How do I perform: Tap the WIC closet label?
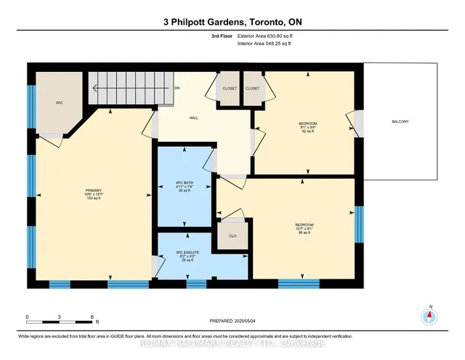tap(60, 103)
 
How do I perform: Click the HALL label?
tap(195, 117)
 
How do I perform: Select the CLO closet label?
tap(232, 236)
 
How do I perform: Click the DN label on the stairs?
tap(177, 88)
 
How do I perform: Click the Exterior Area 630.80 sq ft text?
tap(272, 35)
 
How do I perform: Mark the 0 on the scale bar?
tap(27, 317)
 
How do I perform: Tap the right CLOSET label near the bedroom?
tap(252, 88)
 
